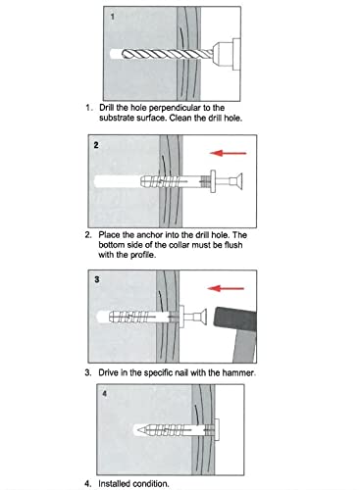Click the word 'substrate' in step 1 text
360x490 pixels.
pyautogui.click(x=122, y=118)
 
